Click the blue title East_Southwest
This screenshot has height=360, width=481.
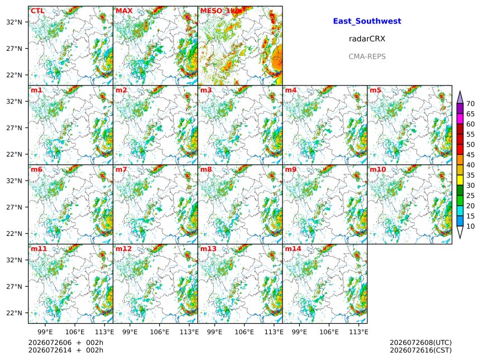(x=367, y=21)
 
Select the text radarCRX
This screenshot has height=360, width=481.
(x=367, y=39)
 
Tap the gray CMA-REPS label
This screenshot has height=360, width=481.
(x=367, y=56)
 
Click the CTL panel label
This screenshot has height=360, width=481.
(x=37, y=11)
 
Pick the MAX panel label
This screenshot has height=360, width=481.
(x=124, y=11)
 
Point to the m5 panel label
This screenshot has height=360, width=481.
(x=375, y=90)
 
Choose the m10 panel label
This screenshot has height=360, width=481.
(x=378, y=169)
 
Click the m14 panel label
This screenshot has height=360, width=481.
(x=293, y=249)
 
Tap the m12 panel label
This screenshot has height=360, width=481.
(x=123, y=249)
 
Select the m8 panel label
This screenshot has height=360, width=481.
(x=206, y=169)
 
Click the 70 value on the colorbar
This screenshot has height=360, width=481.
(x=470, y=104)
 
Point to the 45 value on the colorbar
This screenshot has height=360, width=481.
(x=470, y=155)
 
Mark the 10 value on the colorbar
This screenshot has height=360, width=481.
(x=470, y=226)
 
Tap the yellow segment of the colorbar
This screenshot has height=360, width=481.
(x=460, y=181)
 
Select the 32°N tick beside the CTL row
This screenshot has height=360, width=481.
(x=15, y=22)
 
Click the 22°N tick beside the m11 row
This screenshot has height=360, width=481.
(x=15, y=313)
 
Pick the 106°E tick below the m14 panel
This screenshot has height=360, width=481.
(x=329, y=332)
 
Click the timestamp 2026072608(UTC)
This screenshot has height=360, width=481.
(x=421, y=343)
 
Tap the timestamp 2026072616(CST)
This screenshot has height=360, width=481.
(x=421, y=350)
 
